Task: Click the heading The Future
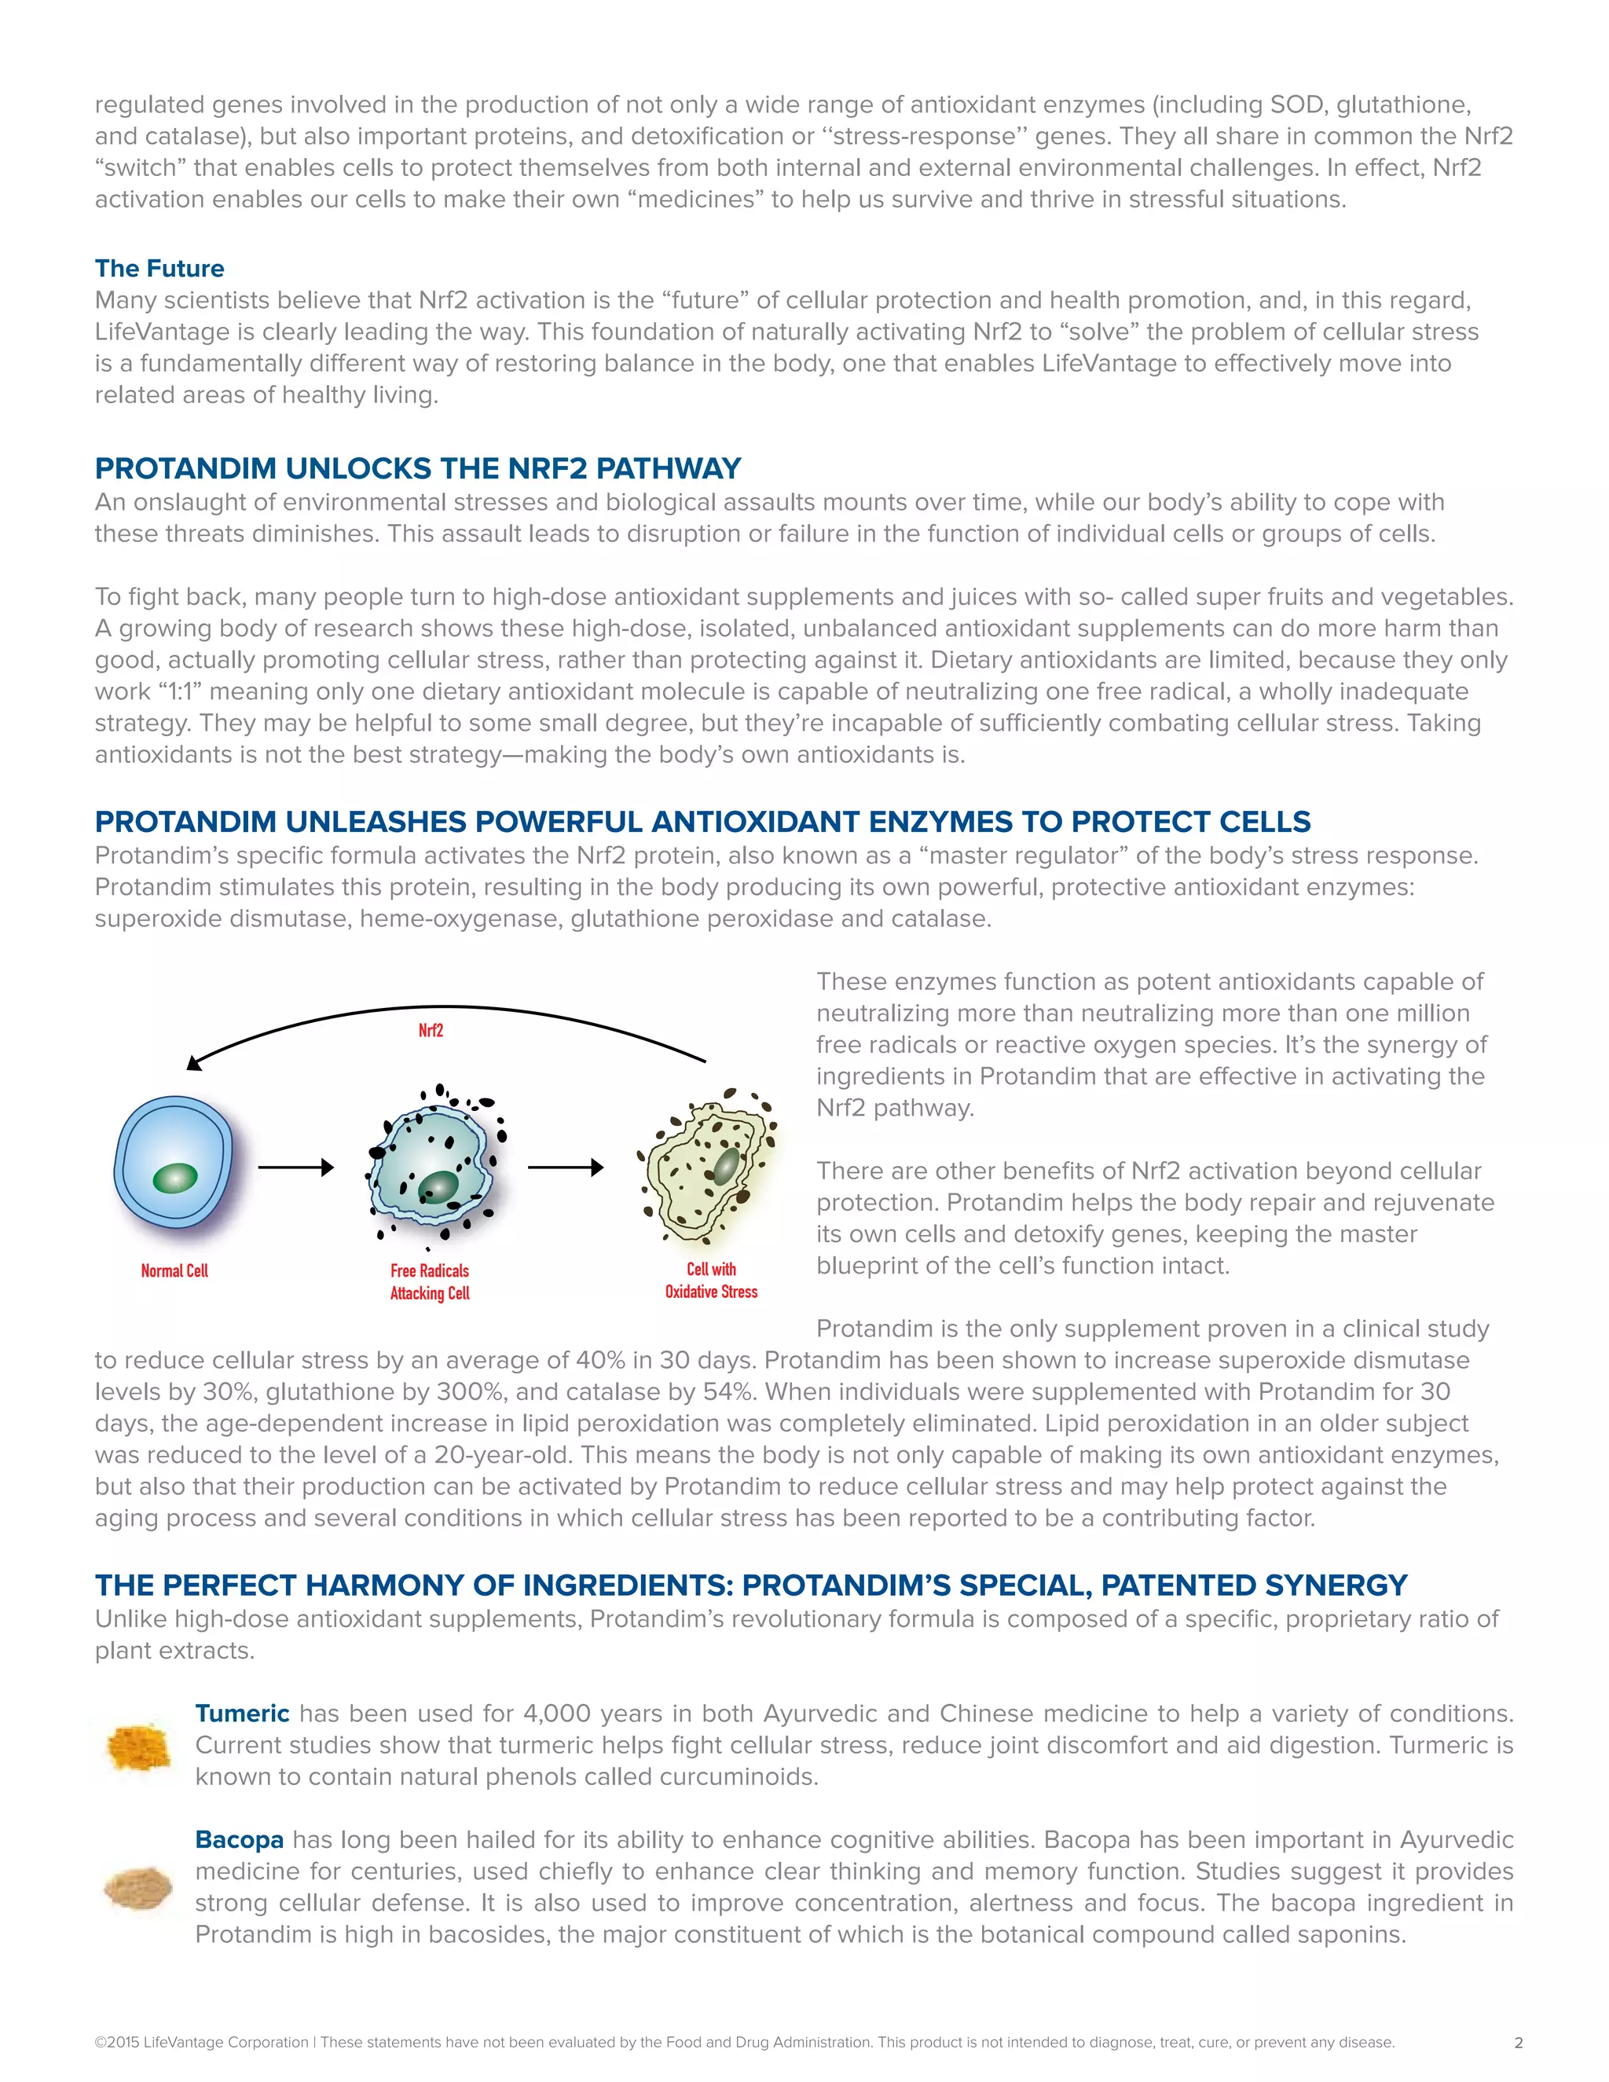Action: click(159, 268)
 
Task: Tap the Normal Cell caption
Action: click(174, 1270)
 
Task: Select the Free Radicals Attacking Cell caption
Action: click(430, 1281)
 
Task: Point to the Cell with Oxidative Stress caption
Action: click(711, 1281)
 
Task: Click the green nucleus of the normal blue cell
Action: click(174, 1178)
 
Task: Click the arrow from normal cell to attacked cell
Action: click(295, 1167)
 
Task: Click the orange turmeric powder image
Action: click(139, 1748)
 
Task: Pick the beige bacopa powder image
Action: click(139, 1887)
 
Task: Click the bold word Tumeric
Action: click(242, 1713)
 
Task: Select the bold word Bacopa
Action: click(240, 1839)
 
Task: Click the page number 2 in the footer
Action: click(1518, 2042)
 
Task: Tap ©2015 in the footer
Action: click(116, 2042)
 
